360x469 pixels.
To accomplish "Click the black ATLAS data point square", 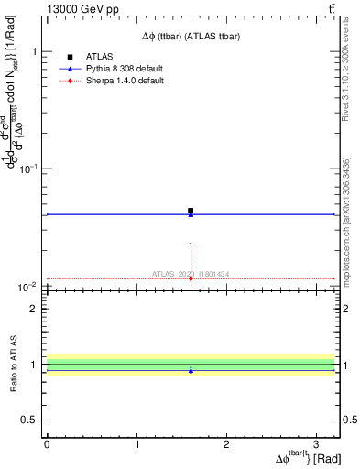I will click(191, 211).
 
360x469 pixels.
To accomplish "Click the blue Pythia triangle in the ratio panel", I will click(191, 370).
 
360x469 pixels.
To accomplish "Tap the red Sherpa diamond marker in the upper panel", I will click(191, 278).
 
